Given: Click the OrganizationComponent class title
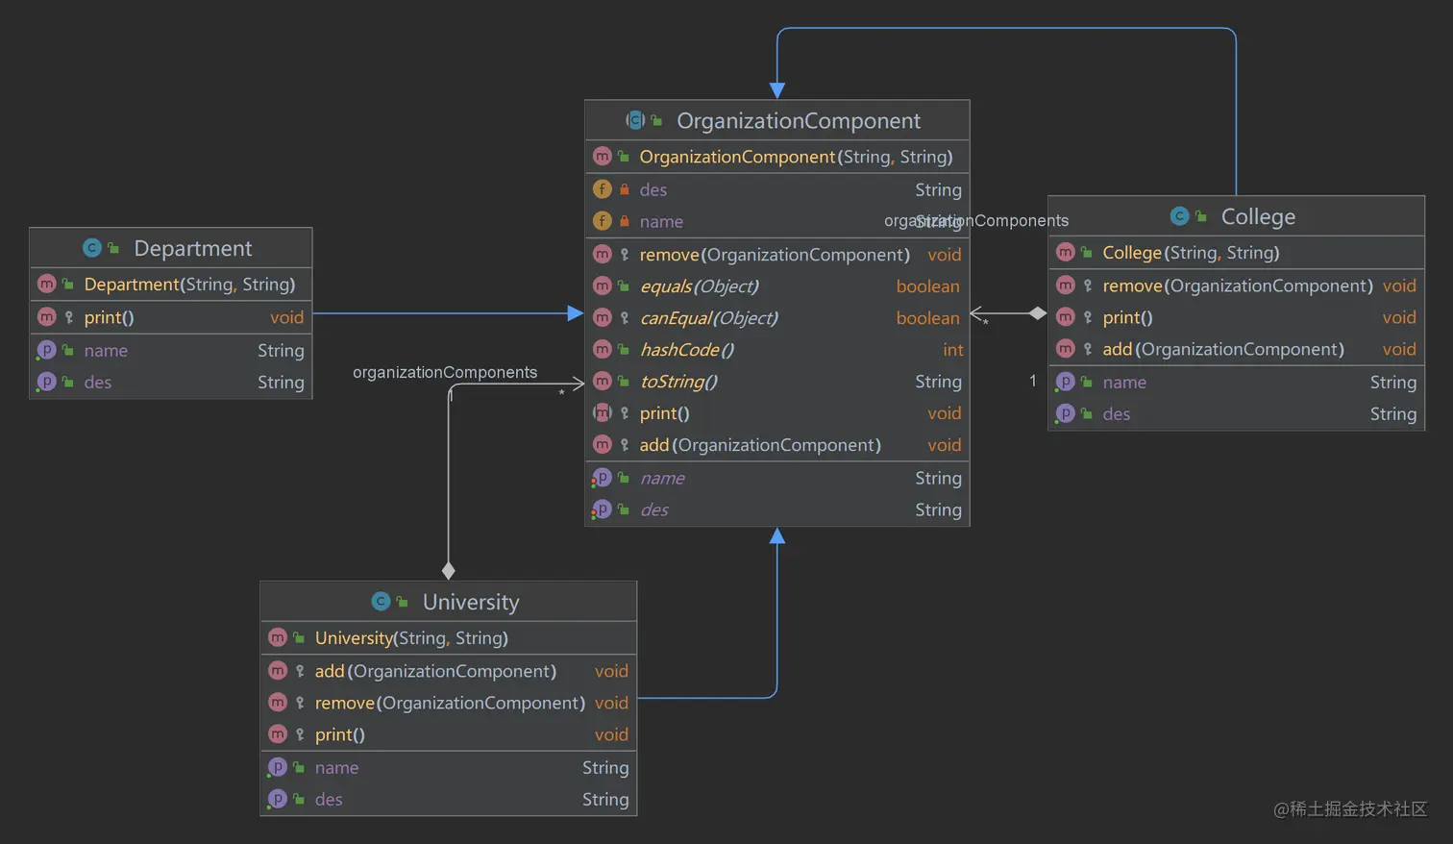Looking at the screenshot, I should [798, 121].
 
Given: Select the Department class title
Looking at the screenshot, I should [192, 249].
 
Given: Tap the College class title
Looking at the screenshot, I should [1257, 217].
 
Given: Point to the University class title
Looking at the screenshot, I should [470, 603].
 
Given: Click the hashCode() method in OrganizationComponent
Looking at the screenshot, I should [686, 350].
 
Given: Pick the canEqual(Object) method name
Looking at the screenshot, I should [708, 318].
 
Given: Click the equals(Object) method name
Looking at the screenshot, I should [699, 286].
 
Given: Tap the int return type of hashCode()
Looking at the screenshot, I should [951, 350].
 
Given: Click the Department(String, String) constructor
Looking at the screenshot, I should [189, 285].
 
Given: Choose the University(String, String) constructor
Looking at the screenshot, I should [411, 638].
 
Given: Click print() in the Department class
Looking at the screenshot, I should [109, 317].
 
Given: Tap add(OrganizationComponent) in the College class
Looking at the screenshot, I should [1222, 349].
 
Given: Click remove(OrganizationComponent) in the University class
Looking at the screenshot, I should [450, 703].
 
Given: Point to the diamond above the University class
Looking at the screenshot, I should [448, 571].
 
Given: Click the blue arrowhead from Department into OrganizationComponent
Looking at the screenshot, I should [575, 313].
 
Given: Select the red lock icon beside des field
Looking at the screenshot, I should [625, 189].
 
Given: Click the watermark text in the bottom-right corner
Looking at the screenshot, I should [1349, 809].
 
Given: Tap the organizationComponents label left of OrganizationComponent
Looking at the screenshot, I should [444, 372].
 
